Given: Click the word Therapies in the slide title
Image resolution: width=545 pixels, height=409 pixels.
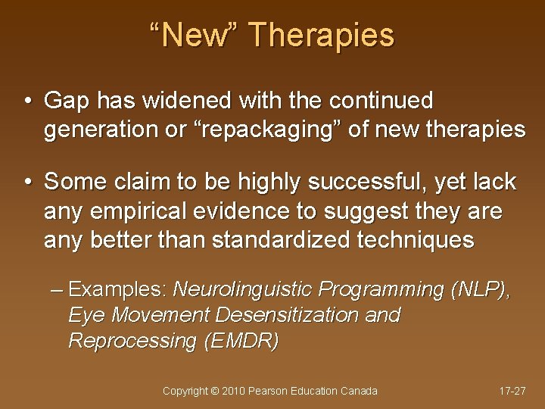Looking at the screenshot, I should pos(321,36).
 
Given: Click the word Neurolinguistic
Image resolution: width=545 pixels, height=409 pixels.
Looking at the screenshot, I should pos(243,289).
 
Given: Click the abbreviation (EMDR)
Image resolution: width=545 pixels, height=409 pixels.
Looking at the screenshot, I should pos(241,341).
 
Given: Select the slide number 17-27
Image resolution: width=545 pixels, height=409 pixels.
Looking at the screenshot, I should pos(512,391).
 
